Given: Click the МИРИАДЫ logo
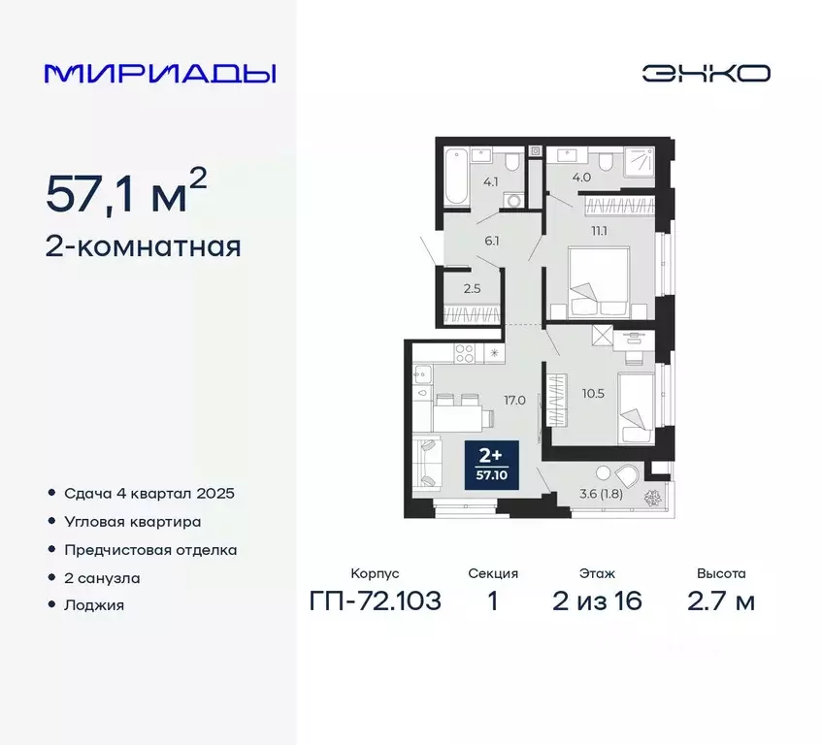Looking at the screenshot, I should (160, 73).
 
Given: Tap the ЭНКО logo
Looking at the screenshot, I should (706, 74).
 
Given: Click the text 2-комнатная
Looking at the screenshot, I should (143, 246).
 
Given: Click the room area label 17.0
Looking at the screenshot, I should (514, 399).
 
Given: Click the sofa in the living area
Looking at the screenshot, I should (424, 464).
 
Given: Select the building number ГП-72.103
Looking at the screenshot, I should (376, 601).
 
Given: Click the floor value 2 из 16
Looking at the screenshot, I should (597, 601).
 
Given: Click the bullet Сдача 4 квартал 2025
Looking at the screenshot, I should (149, 493).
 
